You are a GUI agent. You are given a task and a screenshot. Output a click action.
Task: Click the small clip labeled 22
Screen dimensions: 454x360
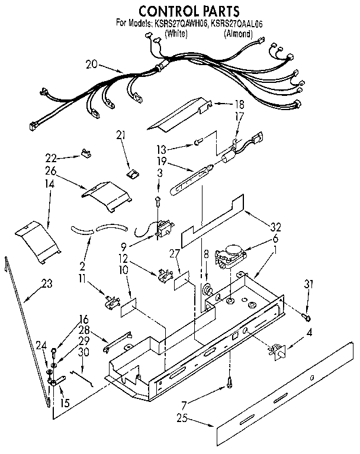click(85, 154)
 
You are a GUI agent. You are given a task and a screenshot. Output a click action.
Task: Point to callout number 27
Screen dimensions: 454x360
click(173, 253)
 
